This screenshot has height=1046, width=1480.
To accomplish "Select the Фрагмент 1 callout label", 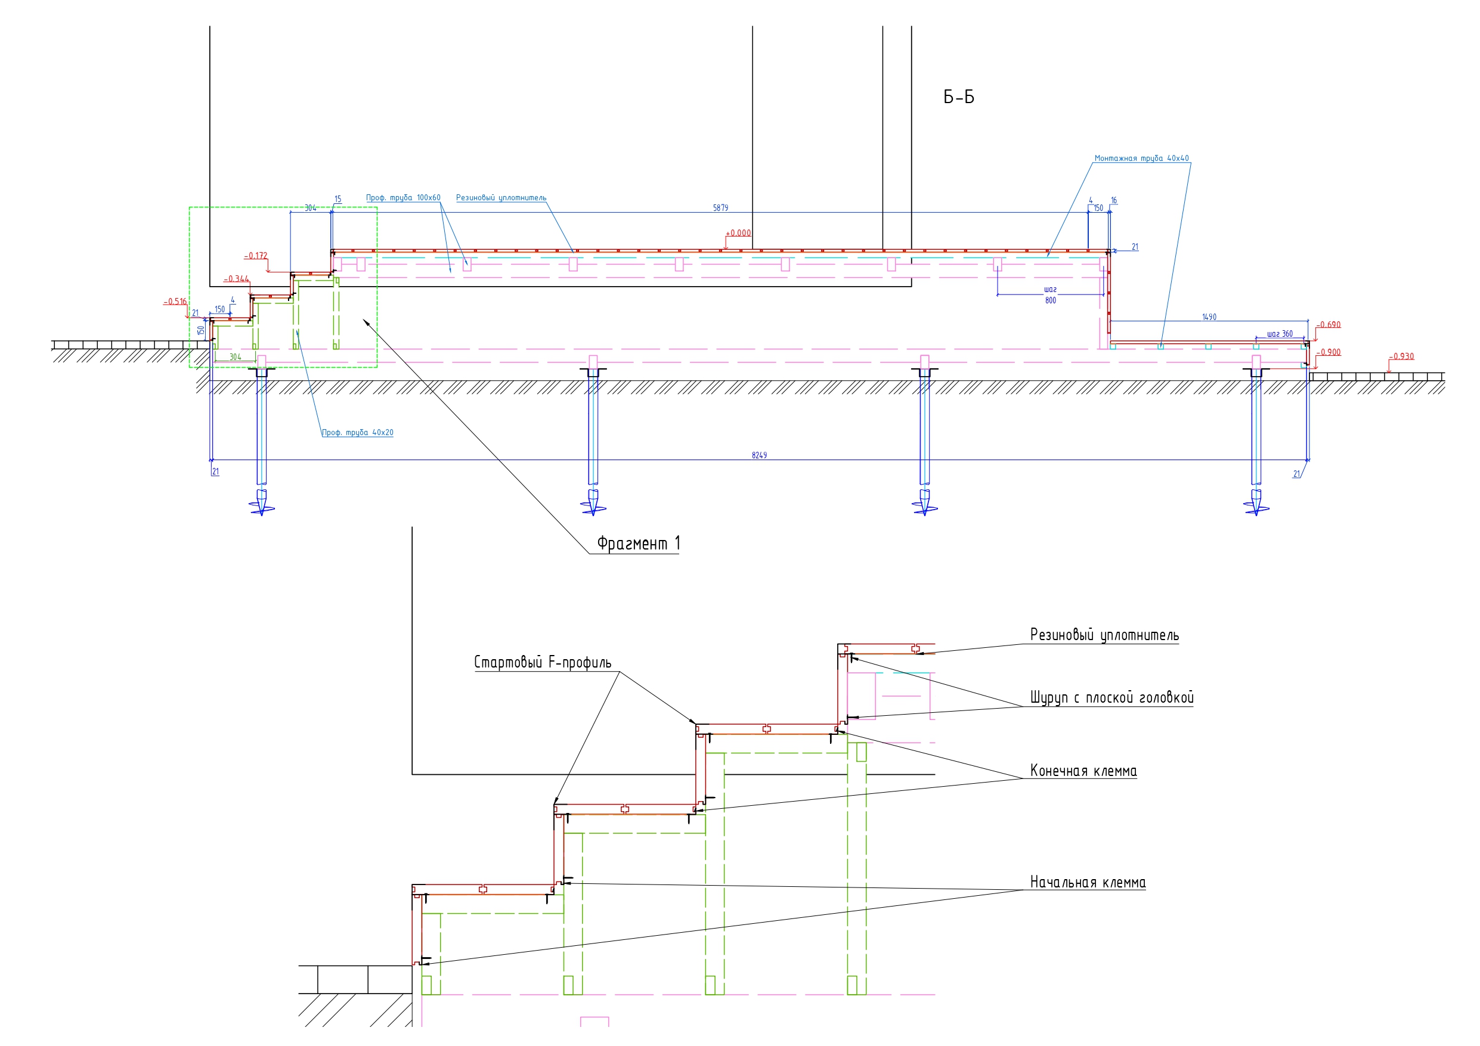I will coord(638,544).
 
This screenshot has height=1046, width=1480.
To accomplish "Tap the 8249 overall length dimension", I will coord(758,455).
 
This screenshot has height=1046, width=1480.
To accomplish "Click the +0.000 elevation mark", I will coord(738,233).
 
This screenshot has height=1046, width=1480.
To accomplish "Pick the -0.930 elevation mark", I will coord(1401,356).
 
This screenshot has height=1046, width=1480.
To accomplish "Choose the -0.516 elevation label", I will coord(175,302).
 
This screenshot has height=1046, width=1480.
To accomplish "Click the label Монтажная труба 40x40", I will coord(1141,159).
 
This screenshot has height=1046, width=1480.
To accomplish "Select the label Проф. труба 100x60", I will coord(403,198).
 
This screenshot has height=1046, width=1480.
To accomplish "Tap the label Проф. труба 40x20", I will coord(358,433).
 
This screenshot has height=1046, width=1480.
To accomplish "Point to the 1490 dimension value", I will coord(1209,317).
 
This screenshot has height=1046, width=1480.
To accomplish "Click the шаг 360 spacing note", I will coord(1280,334).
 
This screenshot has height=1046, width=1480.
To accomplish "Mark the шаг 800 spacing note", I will coord(1050,295).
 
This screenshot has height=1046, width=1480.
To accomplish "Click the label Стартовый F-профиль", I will coord(543,663).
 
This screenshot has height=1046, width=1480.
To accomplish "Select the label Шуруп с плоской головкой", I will coord(1111,698).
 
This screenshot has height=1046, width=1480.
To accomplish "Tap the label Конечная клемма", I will coord(1083,771).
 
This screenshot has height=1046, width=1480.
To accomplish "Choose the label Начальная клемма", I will coord(1088,882).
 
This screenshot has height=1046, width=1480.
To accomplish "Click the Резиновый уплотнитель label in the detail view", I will coord(1104,635).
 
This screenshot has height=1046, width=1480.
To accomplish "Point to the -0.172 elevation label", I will coord(255,256).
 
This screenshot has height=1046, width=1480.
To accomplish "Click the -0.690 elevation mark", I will coord(1329,325).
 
